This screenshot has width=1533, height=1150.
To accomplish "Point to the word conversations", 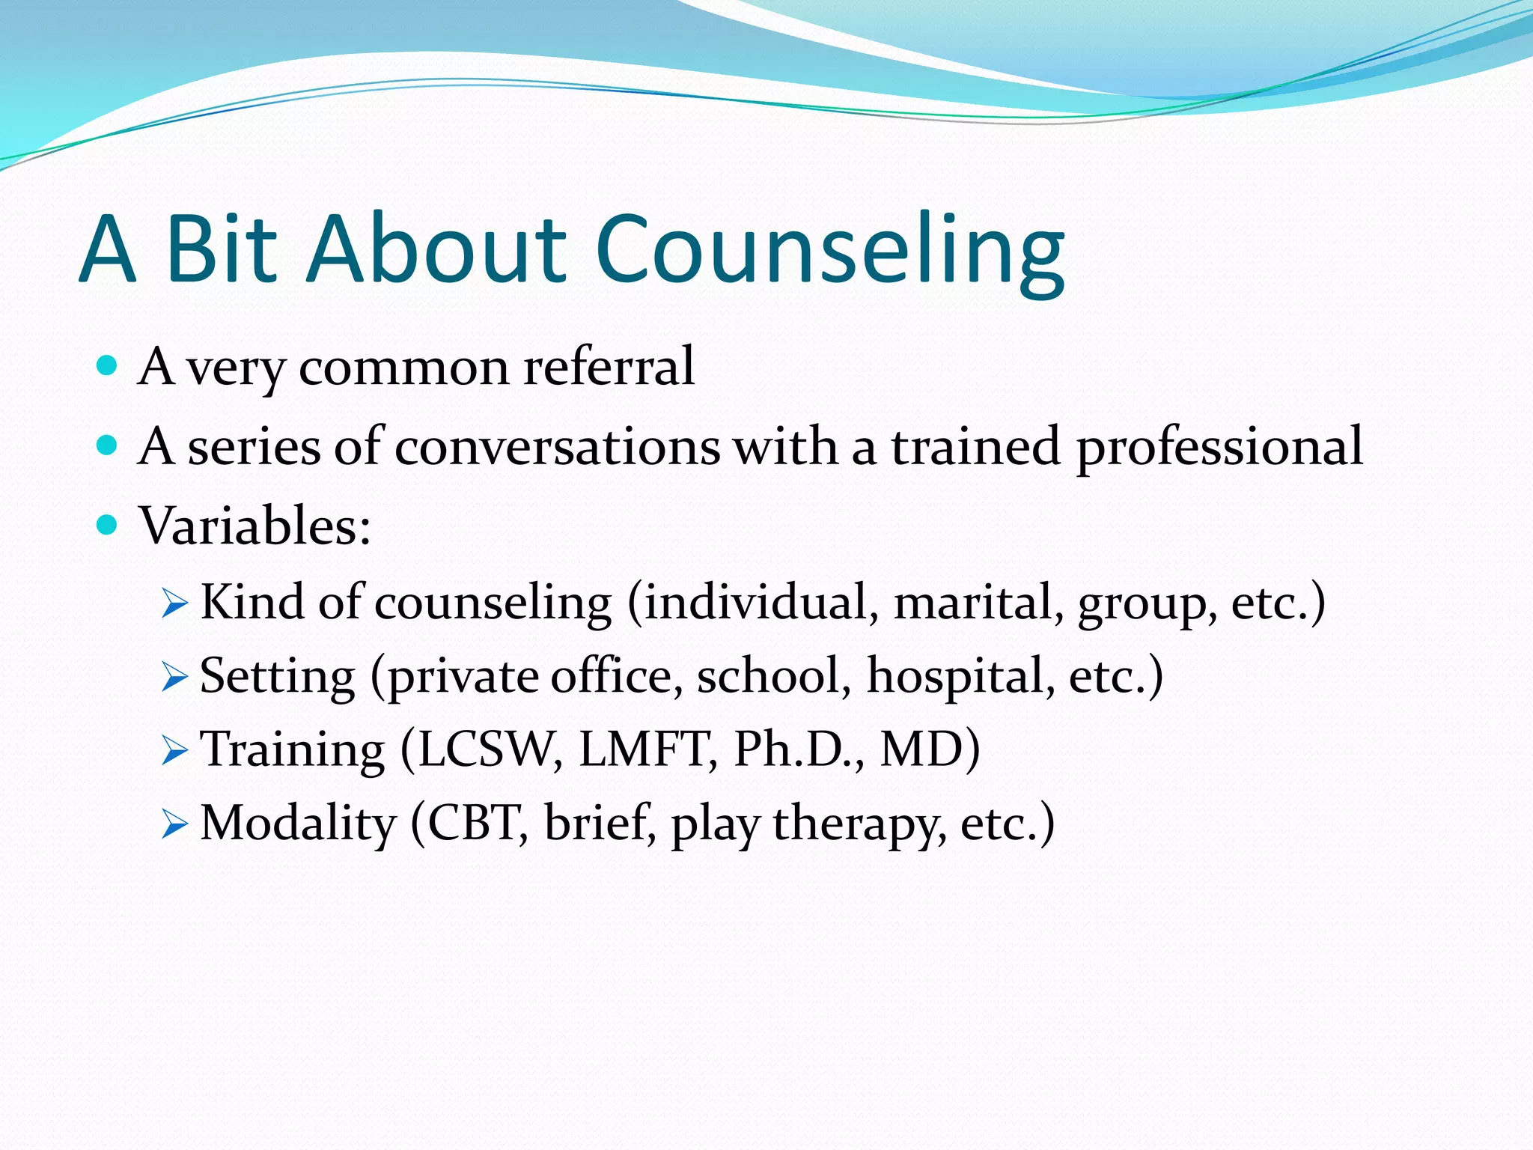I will (557, 447).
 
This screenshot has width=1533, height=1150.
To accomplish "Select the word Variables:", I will (255, 526).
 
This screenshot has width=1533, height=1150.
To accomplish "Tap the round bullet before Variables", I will (108, 525).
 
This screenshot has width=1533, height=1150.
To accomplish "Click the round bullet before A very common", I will (108, 365).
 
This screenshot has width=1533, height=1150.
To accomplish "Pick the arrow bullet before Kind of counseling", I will (174, 603).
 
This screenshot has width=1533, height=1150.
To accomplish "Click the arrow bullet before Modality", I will (174, 824).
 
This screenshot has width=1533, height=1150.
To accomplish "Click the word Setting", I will (277, 677).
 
